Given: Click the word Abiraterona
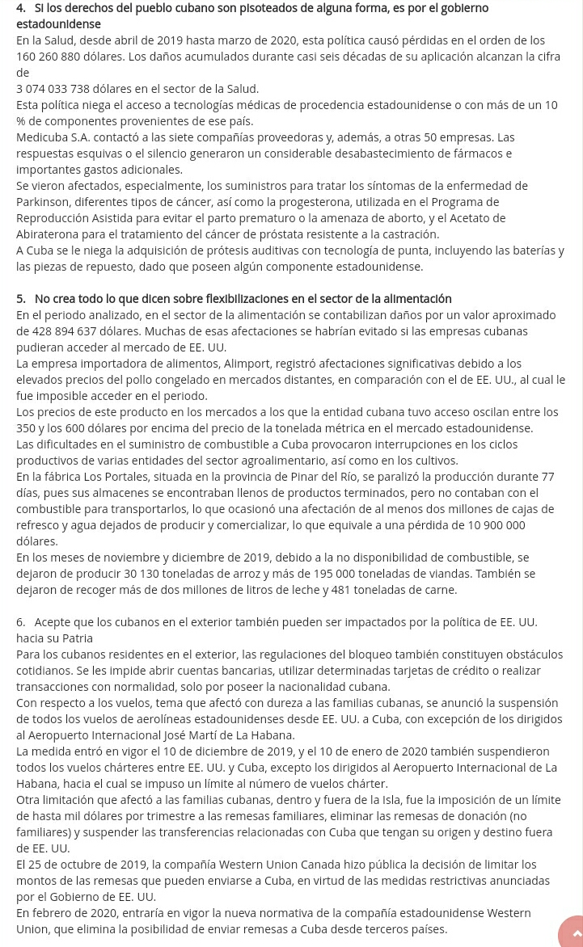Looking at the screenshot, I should (48, 234).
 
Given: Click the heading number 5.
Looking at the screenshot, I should (20, 299).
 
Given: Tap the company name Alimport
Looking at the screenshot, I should (250, 364).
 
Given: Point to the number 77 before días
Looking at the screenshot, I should (547, 477).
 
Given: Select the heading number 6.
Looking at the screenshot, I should (20, 622).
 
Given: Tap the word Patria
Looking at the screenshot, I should (75, 638).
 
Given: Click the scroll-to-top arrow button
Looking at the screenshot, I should (574, 933).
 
